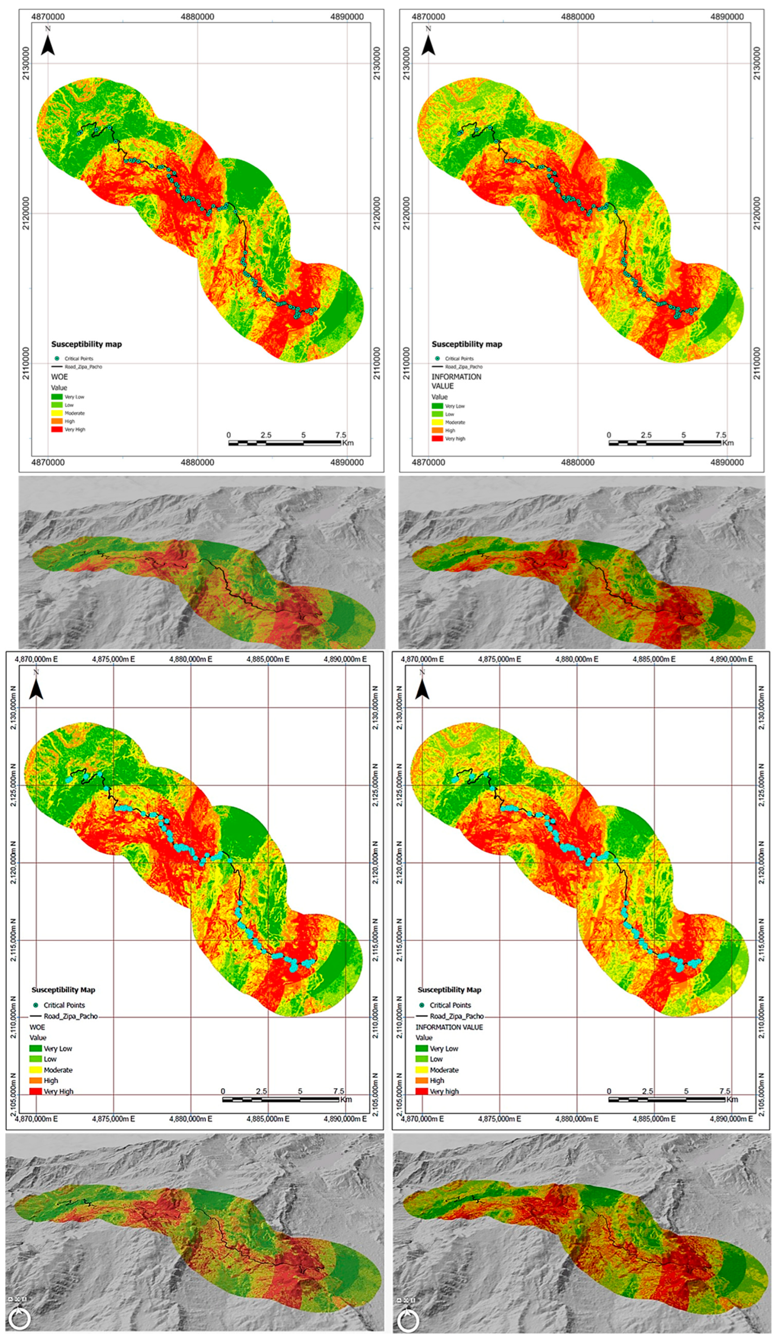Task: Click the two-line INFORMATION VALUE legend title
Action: (x=456, y=381)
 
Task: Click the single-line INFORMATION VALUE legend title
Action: (x=449, y=1027)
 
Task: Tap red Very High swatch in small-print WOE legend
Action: (x=56, y=429)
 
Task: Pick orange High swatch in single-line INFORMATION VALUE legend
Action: (x=421, y=1080)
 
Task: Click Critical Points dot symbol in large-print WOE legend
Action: (x=35, y=1005)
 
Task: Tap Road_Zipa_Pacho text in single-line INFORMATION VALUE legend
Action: (x=457, y=1016)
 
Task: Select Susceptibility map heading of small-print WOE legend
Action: (x=86, y=344)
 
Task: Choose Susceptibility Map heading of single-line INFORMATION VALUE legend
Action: (x=449, y=989)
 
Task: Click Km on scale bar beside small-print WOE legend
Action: (x=348, y=443)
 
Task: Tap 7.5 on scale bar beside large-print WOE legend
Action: (x=338, y=1091)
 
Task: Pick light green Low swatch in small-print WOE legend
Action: (x=56, y=405)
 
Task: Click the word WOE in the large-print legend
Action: (x=37, y=1027)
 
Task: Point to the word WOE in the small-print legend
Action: (x=59, y=376)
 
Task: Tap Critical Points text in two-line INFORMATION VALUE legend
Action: (x=459, y=358)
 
